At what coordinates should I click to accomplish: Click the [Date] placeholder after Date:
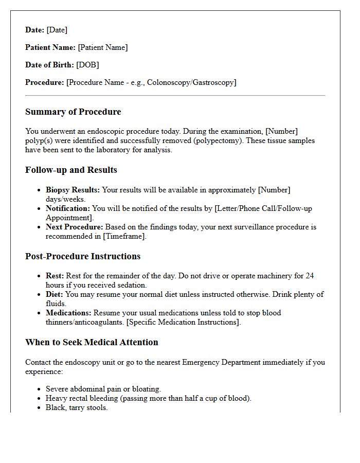point(57,30)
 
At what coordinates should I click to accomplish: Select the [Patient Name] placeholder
point(103,47)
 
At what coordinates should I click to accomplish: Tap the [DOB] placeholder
point(87,65)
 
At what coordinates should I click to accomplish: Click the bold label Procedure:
point(45,82)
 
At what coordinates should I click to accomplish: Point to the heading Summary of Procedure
point(73,112)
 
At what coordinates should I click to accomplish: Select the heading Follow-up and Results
point(71,170)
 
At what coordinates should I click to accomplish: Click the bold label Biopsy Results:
point(73,190)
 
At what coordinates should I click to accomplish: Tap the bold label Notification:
point(68,208)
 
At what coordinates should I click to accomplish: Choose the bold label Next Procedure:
point(75,227)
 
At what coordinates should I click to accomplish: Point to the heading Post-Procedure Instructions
point(83,256)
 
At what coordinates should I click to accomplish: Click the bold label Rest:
point(55,276)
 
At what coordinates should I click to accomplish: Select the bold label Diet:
point(55,294)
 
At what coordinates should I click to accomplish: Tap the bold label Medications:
point(68,313)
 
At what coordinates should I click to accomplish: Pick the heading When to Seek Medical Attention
point(92,342)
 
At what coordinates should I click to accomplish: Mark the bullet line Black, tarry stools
point(77,407)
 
